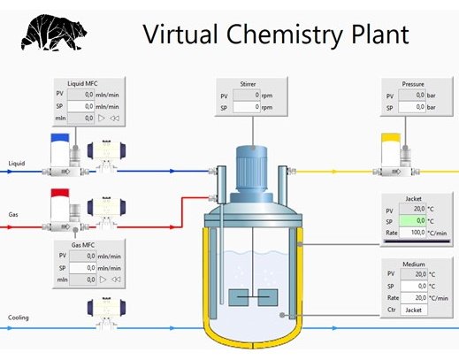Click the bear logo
click(54, 33)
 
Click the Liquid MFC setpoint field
click(80, 106)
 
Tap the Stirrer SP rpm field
click(247, 107)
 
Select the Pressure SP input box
click(412, 107)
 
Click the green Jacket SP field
click(412, 221)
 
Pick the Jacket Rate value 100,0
click(412, 233)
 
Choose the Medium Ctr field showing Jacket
click(414, 310)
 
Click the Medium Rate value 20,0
click(414, 298)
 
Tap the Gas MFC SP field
click(82, 268)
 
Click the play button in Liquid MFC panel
click(102, 119)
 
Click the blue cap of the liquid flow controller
click(60, 138)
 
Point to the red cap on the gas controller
click(60, 193)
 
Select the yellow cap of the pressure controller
click(391, 138)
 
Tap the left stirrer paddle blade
click(238, 297)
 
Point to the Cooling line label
click(19, 318)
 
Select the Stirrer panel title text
click(248, 84)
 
